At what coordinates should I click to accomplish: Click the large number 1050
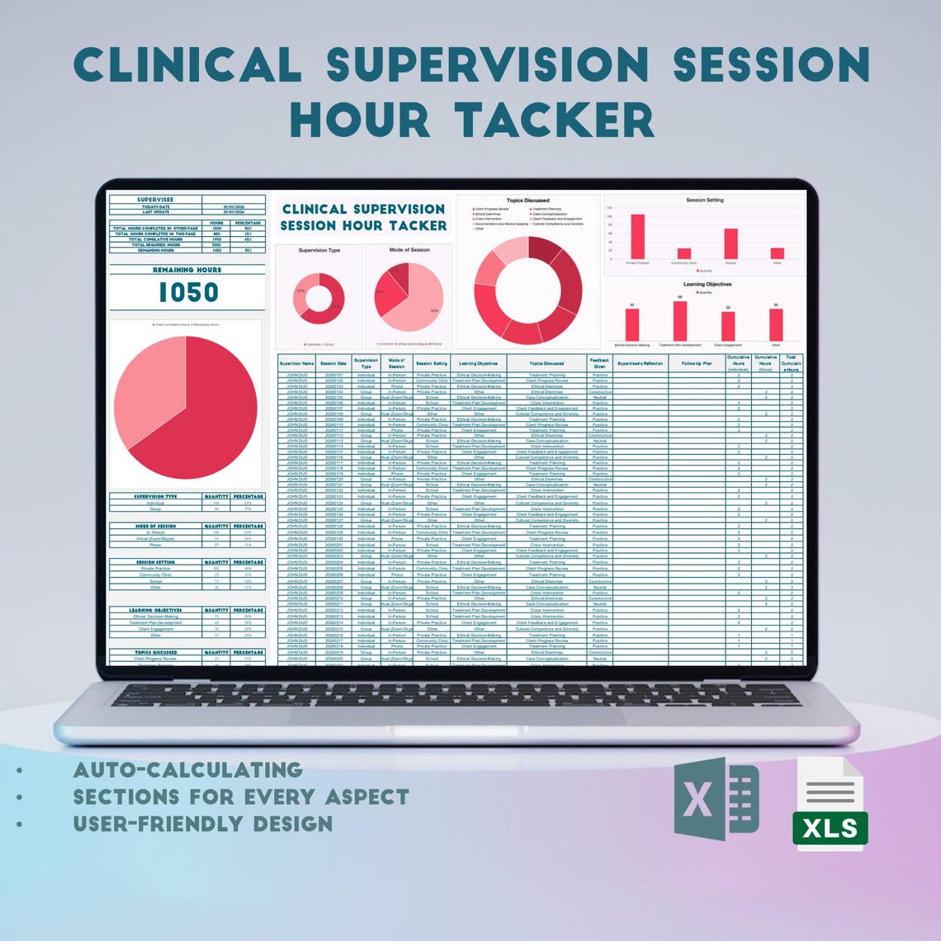[x=188, y=293]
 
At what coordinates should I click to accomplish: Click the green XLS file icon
[x=830, y=804]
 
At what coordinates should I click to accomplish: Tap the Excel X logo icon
[x=716, y=799]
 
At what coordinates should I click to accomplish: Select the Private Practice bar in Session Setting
[x=637, y=237]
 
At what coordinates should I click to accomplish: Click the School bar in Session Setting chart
[x=731, y=244]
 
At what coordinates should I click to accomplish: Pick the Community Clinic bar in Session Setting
[x=683, y=253]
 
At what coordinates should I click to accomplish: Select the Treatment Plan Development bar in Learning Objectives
[x=679, y=321]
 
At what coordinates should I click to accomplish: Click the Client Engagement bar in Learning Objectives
[x=727, y=327]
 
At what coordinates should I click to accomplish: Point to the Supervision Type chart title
[x=319, y=250]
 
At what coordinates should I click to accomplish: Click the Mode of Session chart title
[x=409, y=249]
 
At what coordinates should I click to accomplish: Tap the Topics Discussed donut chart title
[x=527, y=201]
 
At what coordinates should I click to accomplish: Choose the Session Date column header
[x=333, y=363]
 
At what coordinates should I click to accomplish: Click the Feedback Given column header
[x=599, y=363]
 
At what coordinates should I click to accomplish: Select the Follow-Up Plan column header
[x=697, y=363]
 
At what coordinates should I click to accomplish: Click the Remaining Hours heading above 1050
[x=187, y=270]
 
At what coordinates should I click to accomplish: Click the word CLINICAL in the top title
[x=187, y=65]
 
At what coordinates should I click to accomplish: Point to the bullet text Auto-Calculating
[x=187, y=770]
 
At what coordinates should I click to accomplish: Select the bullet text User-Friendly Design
[x=203, y=824]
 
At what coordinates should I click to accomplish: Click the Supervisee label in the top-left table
[x=155, y=200]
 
